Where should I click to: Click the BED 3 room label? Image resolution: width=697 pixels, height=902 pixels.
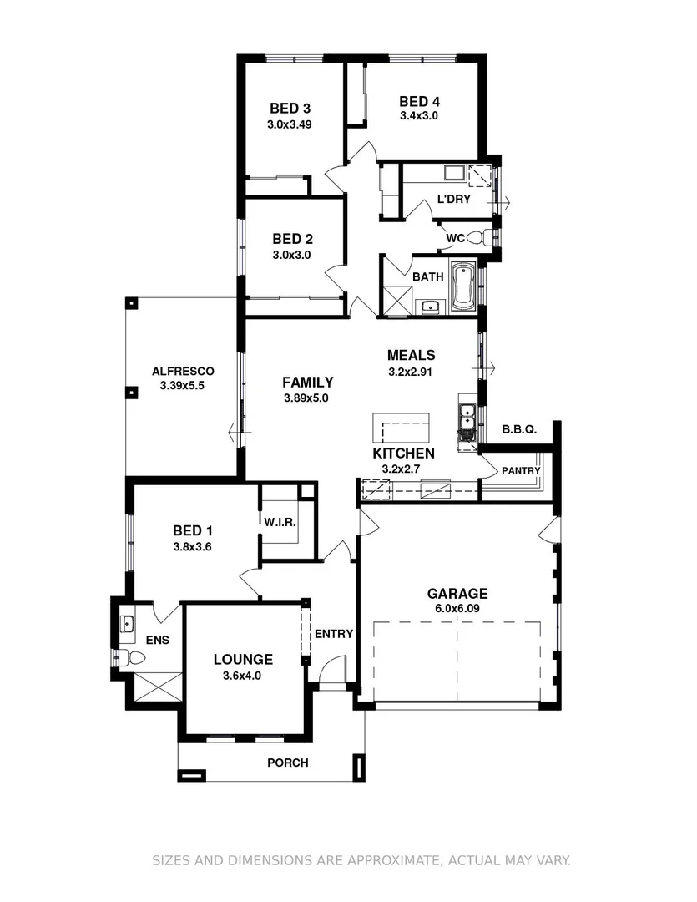(x=290, y=108)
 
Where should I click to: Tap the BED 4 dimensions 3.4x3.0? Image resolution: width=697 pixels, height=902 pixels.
(x=419, y=116)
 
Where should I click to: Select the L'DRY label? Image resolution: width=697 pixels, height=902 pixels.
(x=454, y=200)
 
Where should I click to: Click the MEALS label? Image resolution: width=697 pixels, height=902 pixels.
(x=411, y=356)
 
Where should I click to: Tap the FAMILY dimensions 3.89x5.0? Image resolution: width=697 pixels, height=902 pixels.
(x=306, y=398)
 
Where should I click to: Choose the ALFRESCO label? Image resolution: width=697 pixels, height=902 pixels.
(x=183, y=372)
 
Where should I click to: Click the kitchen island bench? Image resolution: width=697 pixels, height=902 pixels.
(x=402, y=428)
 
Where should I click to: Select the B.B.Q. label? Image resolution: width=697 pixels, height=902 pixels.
(x=518, y=429)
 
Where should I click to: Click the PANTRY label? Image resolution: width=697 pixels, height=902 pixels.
(x=521, y=471)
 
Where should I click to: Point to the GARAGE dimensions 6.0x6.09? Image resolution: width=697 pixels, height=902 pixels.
(x=457, y=609)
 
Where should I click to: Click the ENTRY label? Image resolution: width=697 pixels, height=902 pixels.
(x=334, y=634)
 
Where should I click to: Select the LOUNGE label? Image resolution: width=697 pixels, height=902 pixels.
(x=242, y=660)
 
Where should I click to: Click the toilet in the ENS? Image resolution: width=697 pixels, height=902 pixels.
(x=124, y=656)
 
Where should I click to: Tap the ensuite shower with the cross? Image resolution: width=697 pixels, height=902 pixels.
(x=156, y=687)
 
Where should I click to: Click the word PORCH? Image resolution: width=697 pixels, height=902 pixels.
(x=287, y=763)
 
